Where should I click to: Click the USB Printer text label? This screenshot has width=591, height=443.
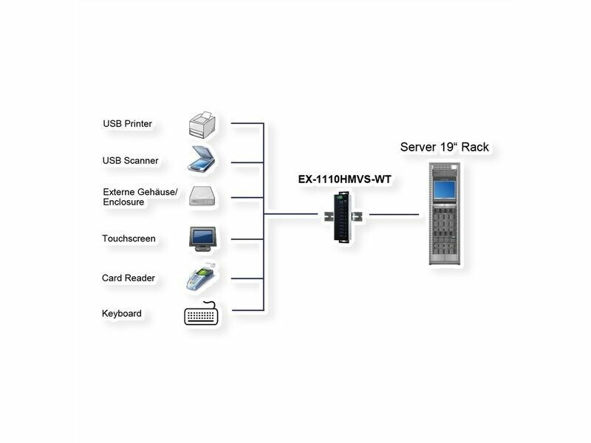pyautogui.click(x=127, y=124)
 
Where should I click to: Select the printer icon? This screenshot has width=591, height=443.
pyautogui.click(x=202, y=124)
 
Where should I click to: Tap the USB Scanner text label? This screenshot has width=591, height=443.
pyautogui.click(x=130, y=160)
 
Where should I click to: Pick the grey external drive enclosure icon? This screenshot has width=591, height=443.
pyautogui.click(x=202, y=196)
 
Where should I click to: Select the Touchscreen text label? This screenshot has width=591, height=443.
pyautogui.click(x=129, y=238)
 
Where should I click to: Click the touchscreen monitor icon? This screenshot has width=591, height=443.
pyautogui.click(x=202, y=238)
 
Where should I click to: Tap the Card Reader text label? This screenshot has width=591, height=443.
pyautogui.click(x=129, y=278)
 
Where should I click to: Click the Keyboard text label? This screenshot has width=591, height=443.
pyautogui.click(x=122, y=314)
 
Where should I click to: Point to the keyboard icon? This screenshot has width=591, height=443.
pyautogui.click(x=202, y=315)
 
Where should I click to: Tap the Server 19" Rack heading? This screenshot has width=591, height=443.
pyautogui.click(x=445, y=147)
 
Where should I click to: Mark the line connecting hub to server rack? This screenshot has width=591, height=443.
pyautogui.click(x=393, y=215)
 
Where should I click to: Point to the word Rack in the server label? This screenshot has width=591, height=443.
pyautogui.click(x=475, y=147)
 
